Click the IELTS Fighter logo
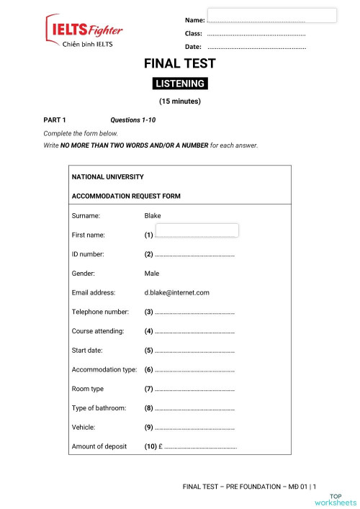84,31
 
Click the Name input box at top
271,16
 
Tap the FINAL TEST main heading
180,63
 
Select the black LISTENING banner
180,84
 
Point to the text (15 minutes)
180,102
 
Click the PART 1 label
55,120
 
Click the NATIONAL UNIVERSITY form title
108,176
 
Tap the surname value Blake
153,216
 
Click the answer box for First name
197,230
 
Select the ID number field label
88,254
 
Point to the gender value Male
152,274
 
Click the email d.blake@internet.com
176,293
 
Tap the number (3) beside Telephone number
149,312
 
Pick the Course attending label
98,331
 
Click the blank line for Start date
195,351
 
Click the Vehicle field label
84,427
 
